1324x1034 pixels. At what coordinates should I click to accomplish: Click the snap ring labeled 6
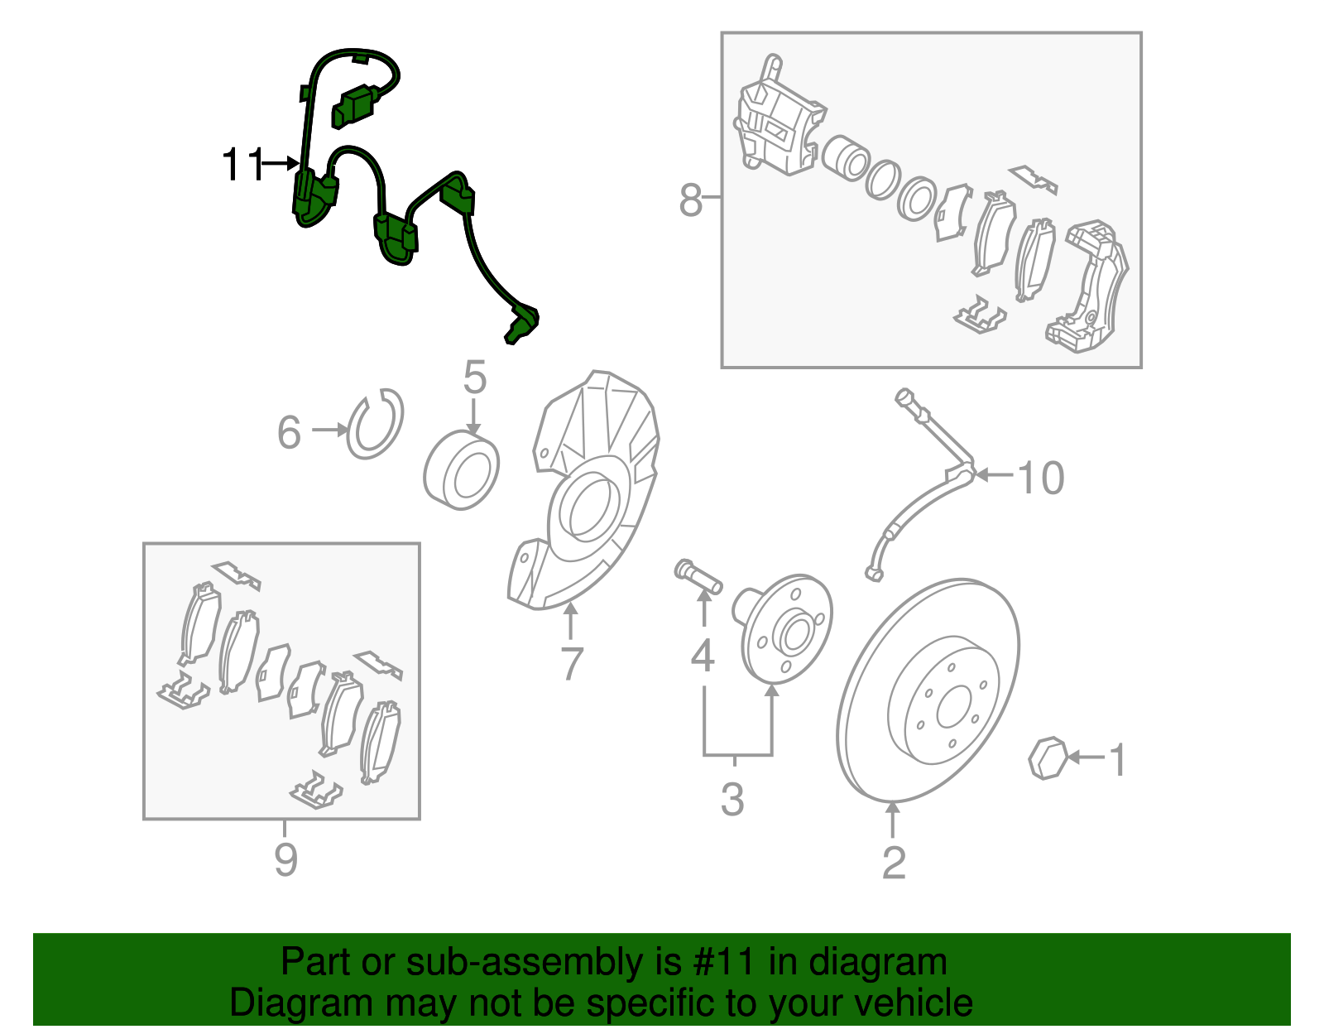coord(375,424)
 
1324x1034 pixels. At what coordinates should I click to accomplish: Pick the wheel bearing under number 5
coord(462,470)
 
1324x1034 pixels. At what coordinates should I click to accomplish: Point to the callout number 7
coord(571,664)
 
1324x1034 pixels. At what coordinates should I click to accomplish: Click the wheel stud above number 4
coord(698,576)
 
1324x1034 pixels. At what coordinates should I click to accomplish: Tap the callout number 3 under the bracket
coord(732,800)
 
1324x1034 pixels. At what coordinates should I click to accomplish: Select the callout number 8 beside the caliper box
coord(690,200)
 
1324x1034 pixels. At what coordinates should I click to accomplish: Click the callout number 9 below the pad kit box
coord(285,860)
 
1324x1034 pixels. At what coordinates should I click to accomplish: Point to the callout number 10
coord(1040,478)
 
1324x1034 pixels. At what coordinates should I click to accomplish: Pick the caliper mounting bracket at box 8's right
coord(1088,286)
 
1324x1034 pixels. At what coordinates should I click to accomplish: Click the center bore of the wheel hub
coord(793,635)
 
